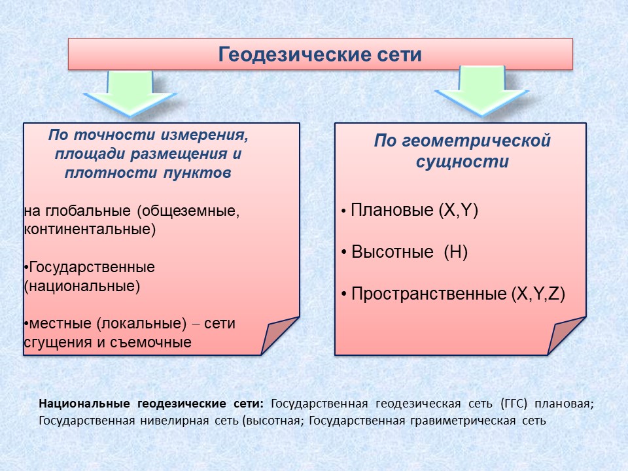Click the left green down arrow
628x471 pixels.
coord(130,93)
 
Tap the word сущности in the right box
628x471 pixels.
coord(462,162)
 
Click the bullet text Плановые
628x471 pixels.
coord(392,210)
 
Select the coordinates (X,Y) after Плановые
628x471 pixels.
coord(459,210)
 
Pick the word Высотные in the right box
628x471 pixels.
coord(392,252)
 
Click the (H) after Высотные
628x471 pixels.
coord(456,252)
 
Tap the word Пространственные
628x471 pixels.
coord(429,294)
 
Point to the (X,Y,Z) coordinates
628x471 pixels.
coord(538,294)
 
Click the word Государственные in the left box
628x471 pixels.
coord(92,267)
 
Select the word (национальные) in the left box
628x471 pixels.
coord(82,287)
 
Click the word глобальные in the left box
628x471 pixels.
coord(88,211)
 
